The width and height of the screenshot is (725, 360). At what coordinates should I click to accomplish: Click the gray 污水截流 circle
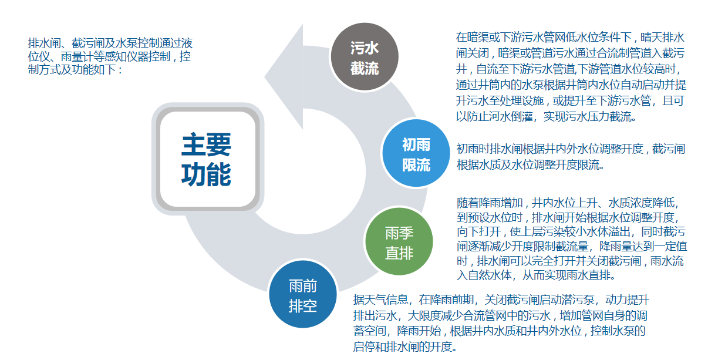click(365, 56)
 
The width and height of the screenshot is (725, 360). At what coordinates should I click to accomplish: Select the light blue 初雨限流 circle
click(416, 153)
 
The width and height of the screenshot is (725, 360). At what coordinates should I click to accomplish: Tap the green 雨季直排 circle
click(399, 241)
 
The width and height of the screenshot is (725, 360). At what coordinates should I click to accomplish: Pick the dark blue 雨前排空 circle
click(303, 294)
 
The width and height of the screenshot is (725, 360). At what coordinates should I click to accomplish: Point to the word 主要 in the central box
click(206, 144)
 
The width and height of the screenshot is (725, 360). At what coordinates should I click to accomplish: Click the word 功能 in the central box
click(206, 174)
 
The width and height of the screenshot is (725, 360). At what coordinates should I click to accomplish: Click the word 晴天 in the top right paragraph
click(651, 37)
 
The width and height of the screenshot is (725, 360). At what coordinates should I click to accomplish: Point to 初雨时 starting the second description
click(473, 149)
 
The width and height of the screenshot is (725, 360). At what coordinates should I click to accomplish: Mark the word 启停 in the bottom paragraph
click(364, 346)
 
